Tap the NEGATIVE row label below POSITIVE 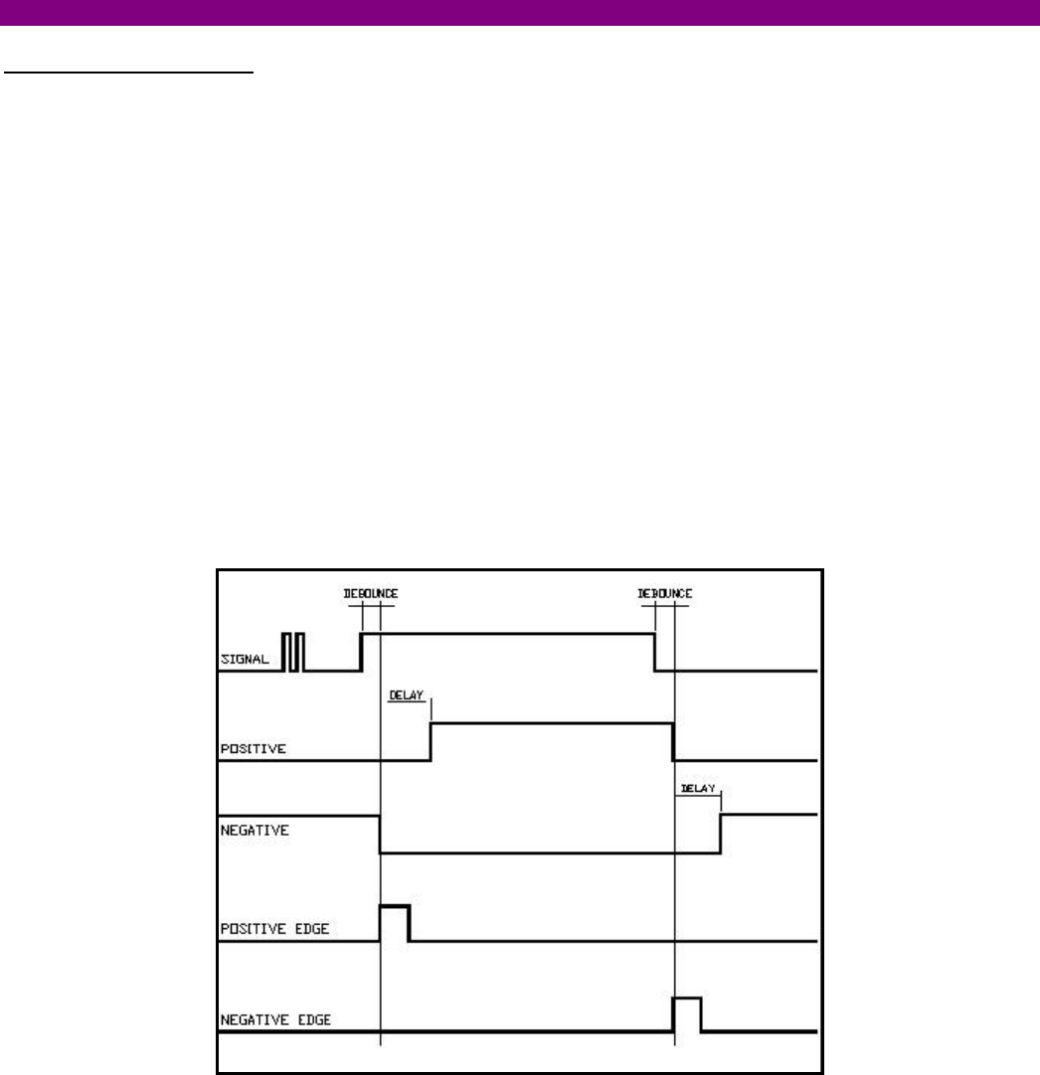[254, 831]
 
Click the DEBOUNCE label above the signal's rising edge [371, 594]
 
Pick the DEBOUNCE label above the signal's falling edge [664, 594]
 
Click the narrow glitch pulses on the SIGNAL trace [293, 651]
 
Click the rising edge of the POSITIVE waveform [431, 742]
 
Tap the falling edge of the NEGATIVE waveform [380, 834]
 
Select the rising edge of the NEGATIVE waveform [721, 834]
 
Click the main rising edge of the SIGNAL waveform [361, 651]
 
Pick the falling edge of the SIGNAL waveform [654, 651]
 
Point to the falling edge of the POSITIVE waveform [673, 742]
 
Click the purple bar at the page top [520, 12]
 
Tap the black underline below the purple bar [129, 73]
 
